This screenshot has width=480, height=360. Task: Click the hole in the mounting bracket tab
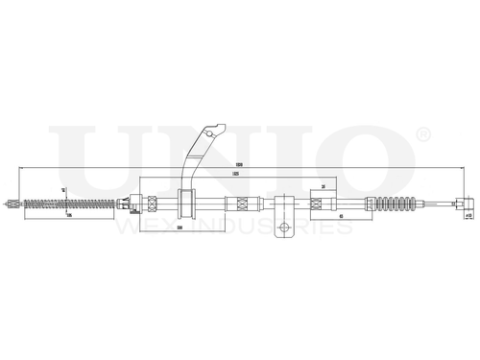click(x=284, y=228)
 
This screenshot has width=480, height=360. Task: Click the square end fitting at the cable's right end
click(x=466, y=203)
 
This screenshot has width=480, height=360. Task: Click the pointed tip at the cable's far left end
click(x=9, y=203)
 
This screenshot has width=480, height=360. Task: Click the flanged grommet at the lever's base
click(x=186, y=203)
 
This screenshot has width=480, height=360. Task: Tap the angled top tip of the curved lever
click(x=222, y=124)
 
